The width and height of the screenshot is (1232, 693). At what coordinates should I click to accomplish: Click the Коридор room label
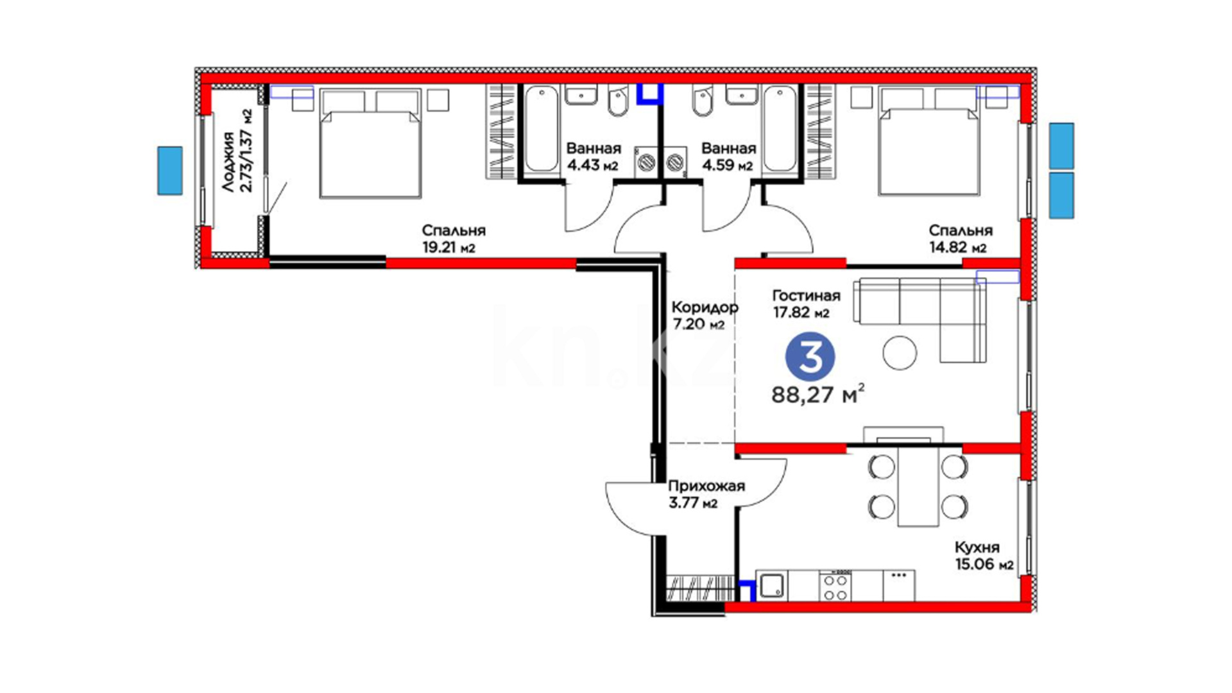(705, 307)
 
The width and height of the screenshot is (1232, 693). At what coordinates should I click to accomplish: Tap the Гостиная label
(806, 296)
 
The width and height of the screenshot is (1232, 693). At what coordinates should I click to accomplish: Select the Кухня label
(977, 547)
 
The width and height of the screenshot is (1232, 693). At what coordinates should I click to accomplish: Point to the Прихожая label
(706, 486)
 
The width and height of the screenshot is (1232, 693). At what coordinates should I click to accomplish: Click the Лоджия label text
(228, 162)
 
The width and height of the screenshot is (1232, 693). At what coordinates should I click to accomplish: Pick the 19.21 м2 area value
(449, 248)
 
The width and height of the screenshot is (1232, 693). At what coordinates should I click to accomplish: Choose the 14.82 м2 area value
(958, 248)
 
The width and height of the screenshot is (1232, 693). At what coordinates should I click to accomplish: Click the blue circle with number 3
(810, 357)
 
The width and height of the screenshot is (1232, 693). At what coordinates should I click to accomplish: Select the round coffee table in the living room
(900, 352)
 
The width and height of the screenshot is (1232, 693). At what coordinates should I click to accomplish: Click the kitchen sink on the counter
(772, 585)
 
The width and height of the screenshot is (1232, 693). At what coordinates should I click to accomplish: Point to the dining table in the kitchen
(918, 487)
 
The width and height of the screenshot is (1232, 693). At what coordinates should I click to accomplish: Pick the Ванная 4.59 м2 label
(728, 157)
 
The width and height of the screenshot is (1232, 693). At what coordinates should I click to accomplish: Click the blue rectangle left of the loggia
(170, 171)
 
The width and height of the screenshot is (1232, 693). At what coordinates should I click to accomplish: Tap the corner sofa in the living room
(920, 320)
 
